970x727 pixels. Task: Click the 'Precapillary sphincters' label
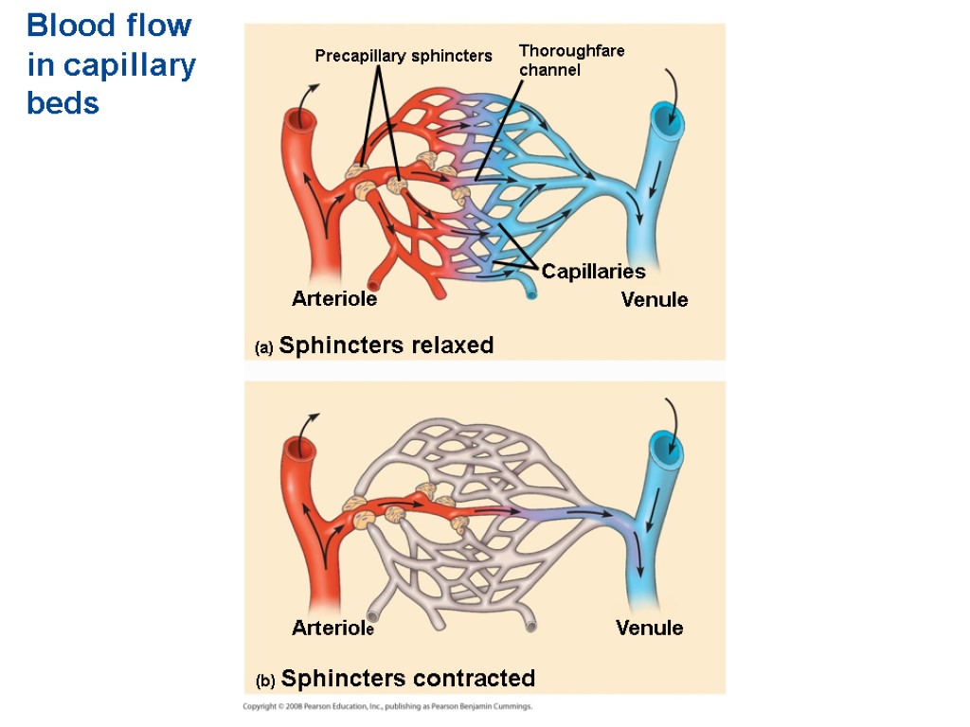tap(404, 56)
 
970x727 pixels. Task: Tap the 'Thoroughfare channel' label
tap(571, 60)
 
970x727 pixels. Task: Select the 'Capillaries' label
tap(593, 272)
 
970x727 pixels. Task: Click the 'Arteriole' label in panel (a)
tap(334, 299)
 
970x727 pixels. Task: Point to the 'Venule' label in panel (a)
tap(655, 300)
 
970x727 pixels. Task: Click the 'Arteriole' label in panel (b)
tap(333, 628)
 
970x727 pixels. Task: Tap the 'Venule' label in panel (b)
tap(649, 628)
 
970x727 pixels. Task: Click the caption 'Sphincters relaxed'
tap(386, 346)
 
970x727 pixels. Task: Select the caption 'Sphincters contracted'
tap(408, 679)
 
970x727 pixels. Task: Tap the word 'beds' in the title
tap(63, 103)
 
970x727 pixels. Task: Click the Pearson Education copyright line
tap(387, 706)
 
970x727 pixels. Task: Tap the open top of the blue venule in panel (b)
tap(665, 448)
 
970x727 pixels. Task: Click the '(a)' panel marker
tap(263, 348)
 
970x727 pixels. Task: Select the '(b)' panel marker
tap(265, 681)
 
